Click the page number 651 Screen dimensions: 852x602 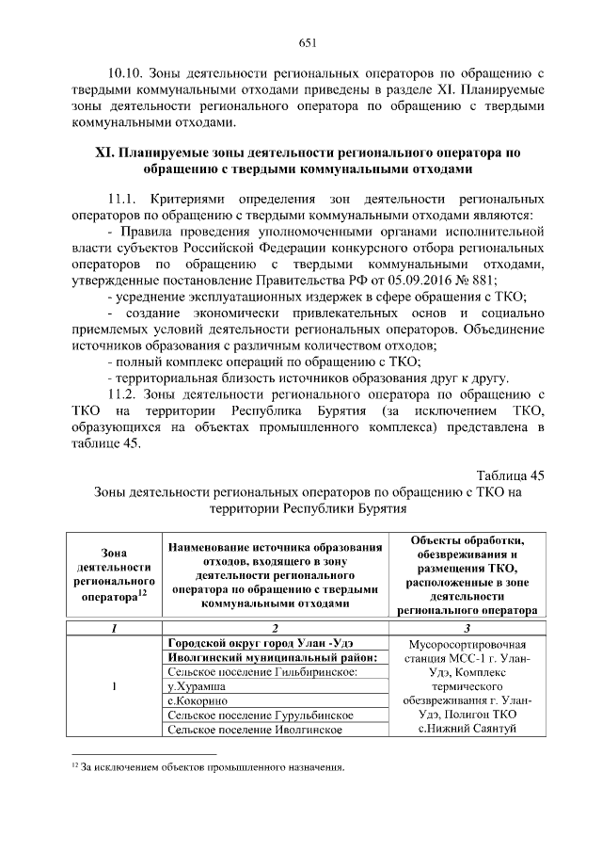click(x=306, y=41)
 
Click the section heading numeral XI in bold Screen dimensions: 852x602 click(x=105, y=152)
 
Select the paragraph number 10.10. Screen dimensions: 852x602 click(x=126, y=72)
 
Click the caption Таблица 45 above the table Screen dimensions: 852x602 click(x=510, y=474)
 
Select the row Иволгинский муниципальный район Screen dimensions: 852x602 click(x=271, y=658)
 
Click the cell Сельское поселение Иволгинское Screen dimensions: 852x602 click(x=251, y=731)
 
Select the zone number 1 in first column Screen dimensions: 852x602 click(x=114, y=686)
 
